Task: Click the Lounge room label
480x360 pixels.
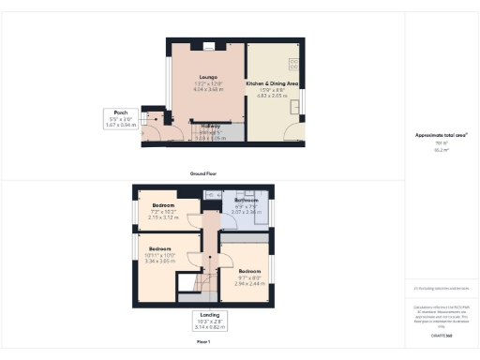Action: (x=207, y=78)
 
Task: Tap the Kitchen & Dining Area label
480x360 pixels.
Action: (x=272, y=83)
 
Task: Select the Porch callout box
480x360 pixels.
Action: (x=121, y=119)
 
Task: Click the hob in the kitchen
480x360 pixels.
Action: (x=293, y=66)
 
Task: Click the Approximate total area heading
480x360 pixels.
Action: (x=441, y=136)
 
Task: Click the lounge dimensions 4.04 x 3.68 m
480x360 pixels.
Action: (x=208, y=89)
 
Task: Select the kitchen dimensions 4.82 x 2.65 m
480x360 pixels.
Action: (x=272, y=95)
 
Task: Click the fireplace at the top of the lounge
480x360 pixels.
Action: (x=208, y=44)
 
